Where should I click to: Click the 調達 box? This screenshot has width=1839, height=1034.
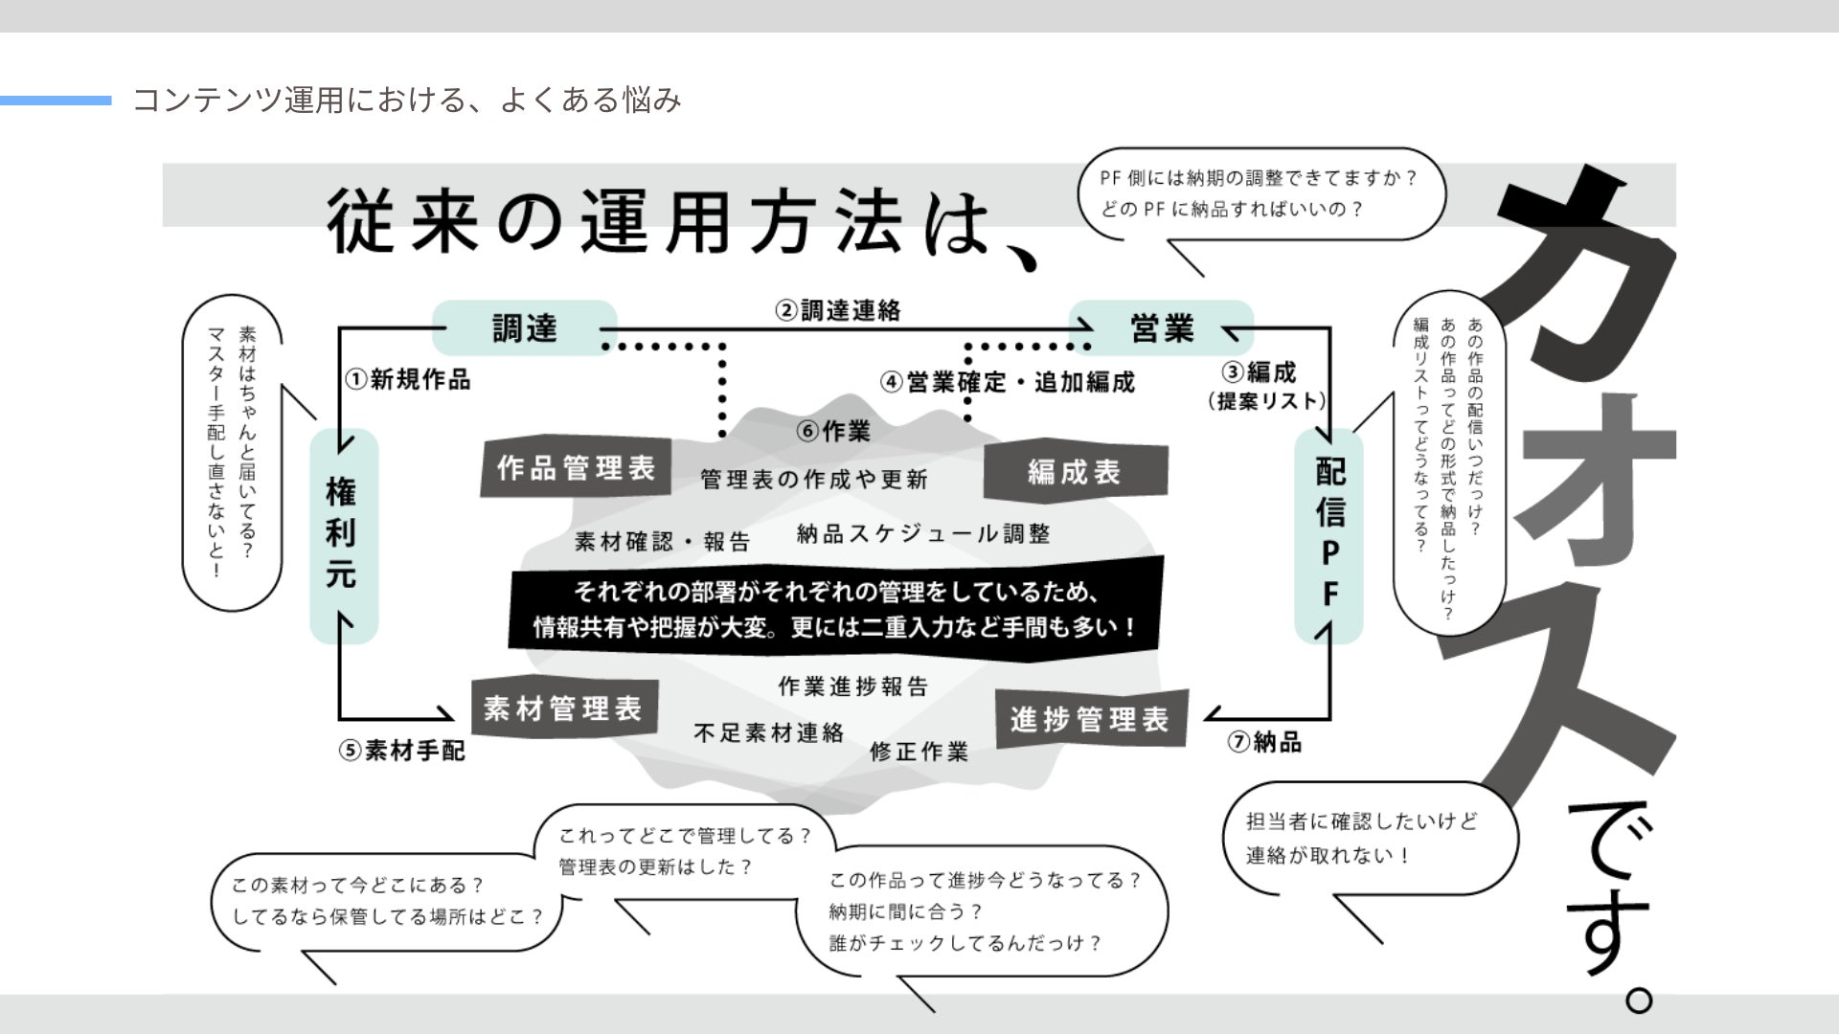524,328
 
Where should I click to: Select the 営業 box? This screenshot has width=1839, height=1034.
1161,328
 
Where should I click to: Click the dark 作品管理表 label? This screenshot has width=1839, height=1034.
576,468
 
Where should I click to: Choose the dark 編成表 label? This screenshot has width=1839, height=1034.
1075,471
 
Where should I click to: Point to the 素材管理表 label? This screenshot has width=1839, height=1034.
563,709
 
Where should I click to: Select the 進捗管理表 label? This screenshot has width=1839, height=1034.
1090,719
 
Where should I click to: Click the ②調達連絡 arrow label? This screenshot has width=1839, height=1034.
838,310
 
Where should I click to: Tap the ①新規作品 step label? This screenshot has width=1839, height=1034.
409,380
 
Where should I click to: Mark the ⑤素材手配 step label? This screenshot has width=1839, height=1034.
402,751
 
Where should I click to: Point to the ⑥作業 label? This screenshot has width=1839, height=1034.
833,432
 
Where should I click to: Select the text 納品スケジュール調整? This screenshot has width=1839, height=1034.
923,534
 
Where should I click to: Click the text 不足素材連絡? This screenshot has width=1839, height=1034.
768,733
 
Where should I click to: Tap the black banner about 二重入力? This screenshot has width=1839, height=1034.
835,609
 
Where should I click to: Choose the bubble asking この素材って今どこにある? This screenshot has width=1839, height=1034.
387,901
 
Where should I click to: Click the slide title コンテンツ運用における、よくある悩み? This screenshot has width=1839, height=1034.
407,100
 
